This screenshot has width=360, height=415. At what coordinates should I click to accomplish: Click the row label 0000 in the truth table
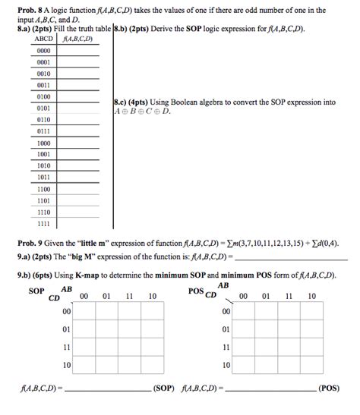(x=43, y=51)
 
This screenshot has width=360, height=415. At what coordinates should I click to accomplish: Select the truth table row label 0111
(x=43, y=131)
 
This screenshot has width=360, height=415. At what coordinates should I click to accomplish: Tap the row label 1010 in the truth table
(x=43, y=165)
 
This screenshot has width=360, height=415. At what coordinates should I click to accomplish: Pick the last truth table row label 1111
(x=43, y=224)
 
